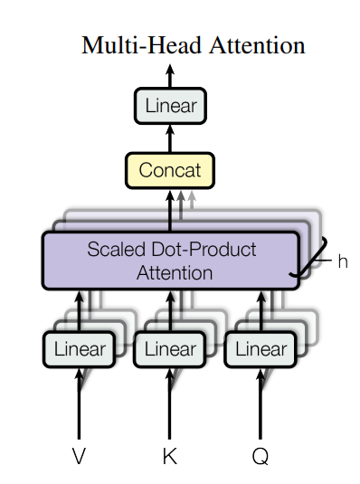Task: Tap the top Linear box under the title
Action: coord(170,107)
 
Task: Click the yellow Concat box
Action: coord(170,169)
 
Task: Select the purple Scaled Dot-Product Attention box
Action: coord(170,260)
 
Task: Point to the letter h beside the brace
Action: coord(343,261)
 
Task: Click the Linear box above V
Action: coord(79,349)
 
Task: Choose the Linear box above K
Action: coord(169,349)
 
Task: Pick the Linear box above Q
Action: coord(260,349)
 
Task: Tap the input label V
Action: coord(79,456)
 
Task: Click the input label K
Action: coord(169,456)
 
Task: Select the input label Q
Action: coord(260,456)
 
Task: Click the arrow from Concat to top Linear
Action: coord(170,138)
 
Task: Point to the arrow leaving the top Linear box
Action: coord(170,77)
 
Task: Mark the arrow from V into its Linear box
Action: coord(79,403)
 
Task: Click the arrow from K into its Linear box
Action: coord(169,403)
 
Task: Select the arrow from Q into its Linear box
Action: coord(260,403)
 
